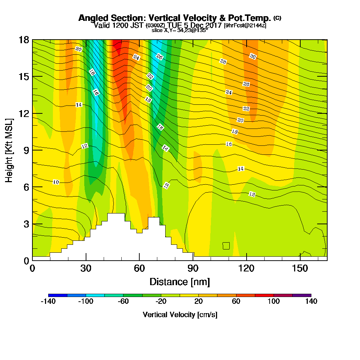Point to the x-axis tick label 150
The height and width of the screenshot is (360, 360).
[x=300, y=269]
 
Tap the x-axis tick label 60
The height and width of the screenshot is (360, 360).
[x=139, y=269]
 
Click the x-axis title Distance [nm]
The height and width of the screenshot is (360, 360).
[x=180, y=282]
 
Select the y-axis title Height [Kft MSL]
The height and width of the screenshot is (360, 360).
[x=9, y=150]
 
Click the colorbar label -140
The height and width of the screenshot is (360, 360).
[x=48, y=302]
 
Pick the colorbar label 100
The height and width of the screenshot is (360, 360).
[x=274, y=302]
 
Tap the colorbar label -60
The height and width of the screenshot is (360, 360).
[x=123, y=302]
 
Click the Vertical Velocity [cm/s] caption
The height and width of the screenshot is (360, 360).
[x=180, y=315]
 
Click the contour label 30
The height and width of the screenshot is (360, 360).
[x=253, y=57]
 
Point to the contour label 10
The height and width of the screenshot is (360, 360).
[x=56, y=182]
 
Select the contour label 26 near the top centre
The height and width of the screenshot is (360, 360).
[x=159, y=56]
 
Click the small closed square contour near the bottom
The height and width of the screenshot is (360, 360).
[x=226, y=246]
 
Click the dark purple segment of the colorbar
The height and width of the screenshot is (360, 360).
[x=302, y=295]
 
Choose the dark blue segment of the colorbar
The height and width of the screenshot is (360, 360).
[x=58, y=295]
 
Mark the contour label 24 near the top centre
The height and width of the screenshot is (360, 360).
[x=136, y=57]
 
